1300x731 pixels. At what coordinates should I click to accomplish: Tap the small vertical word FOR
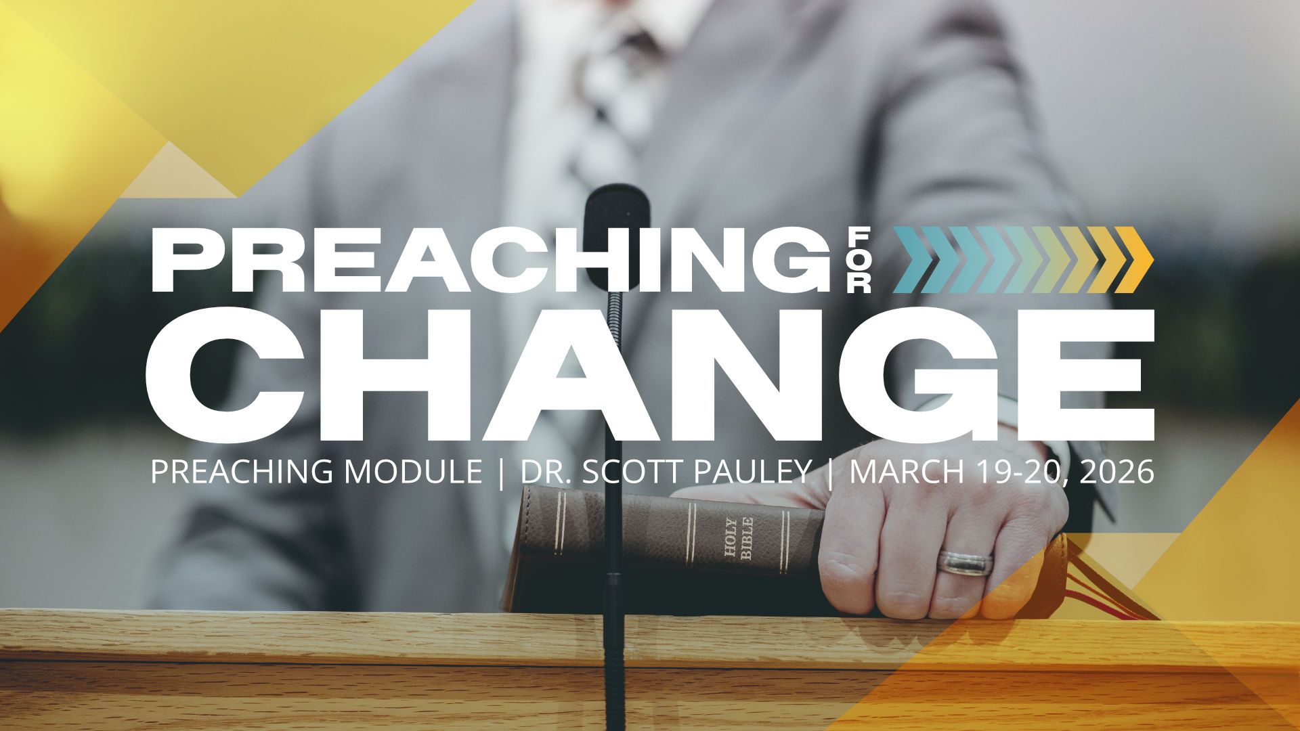[x=859, y=260]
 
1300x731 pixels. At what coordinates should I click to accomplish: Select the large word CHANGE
[x=650, y=375]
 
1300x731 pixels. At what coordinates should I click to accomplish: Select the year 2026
[x=1117, y=472]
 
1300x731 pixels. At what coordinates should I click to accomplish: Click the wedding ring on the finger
[x=965, y=563]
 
